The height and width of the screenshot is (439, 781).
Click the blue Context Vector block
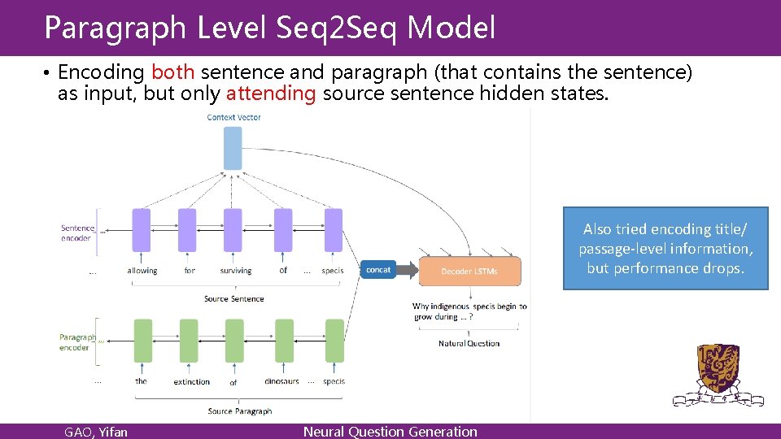tap(233, 148)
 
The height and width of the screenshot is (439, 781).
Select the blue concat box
tap(378, 270)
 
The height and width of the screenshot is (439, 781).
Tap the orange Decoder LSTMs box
tap(469, 272)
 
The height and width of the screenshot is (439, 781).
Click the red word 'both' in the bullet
tap(172, 73)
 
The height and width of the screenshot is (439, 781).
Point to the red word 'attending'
tap(271, 93)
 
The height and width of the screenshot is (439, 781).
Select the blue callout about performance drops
tap(665, 249)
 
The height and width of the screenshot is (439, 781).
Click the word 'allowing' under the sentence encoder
tap(142, 271)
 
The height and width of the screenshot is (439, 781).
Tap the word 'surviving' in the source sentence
tap(236, 271)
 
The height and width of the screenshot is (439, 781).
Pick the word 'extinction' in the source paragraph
tap(192, 381)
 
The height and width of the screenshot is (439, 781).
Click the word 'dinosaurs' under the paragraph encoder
tap(282, 381)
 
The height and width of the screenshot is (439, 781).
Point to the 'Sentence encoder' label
tap(77, 233)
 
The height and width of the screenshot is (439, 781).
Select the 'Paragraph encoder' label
tap(76, 342)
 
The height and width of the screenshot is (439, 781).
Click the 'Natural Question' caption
tap(469, 343)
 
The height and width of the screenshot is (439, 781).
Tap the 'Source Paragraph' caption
tap(239, 411)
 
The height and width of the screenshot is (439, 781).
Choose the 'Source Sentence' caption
tap(233, 299)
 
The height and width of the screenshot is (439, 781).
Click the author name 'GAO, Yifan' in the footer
tap(96, 432)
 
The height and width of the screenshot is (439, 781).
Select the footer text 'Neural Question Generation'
tap(390, 432)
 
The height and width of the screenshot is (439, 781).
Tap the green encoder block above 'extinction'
tap(189, 341)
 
